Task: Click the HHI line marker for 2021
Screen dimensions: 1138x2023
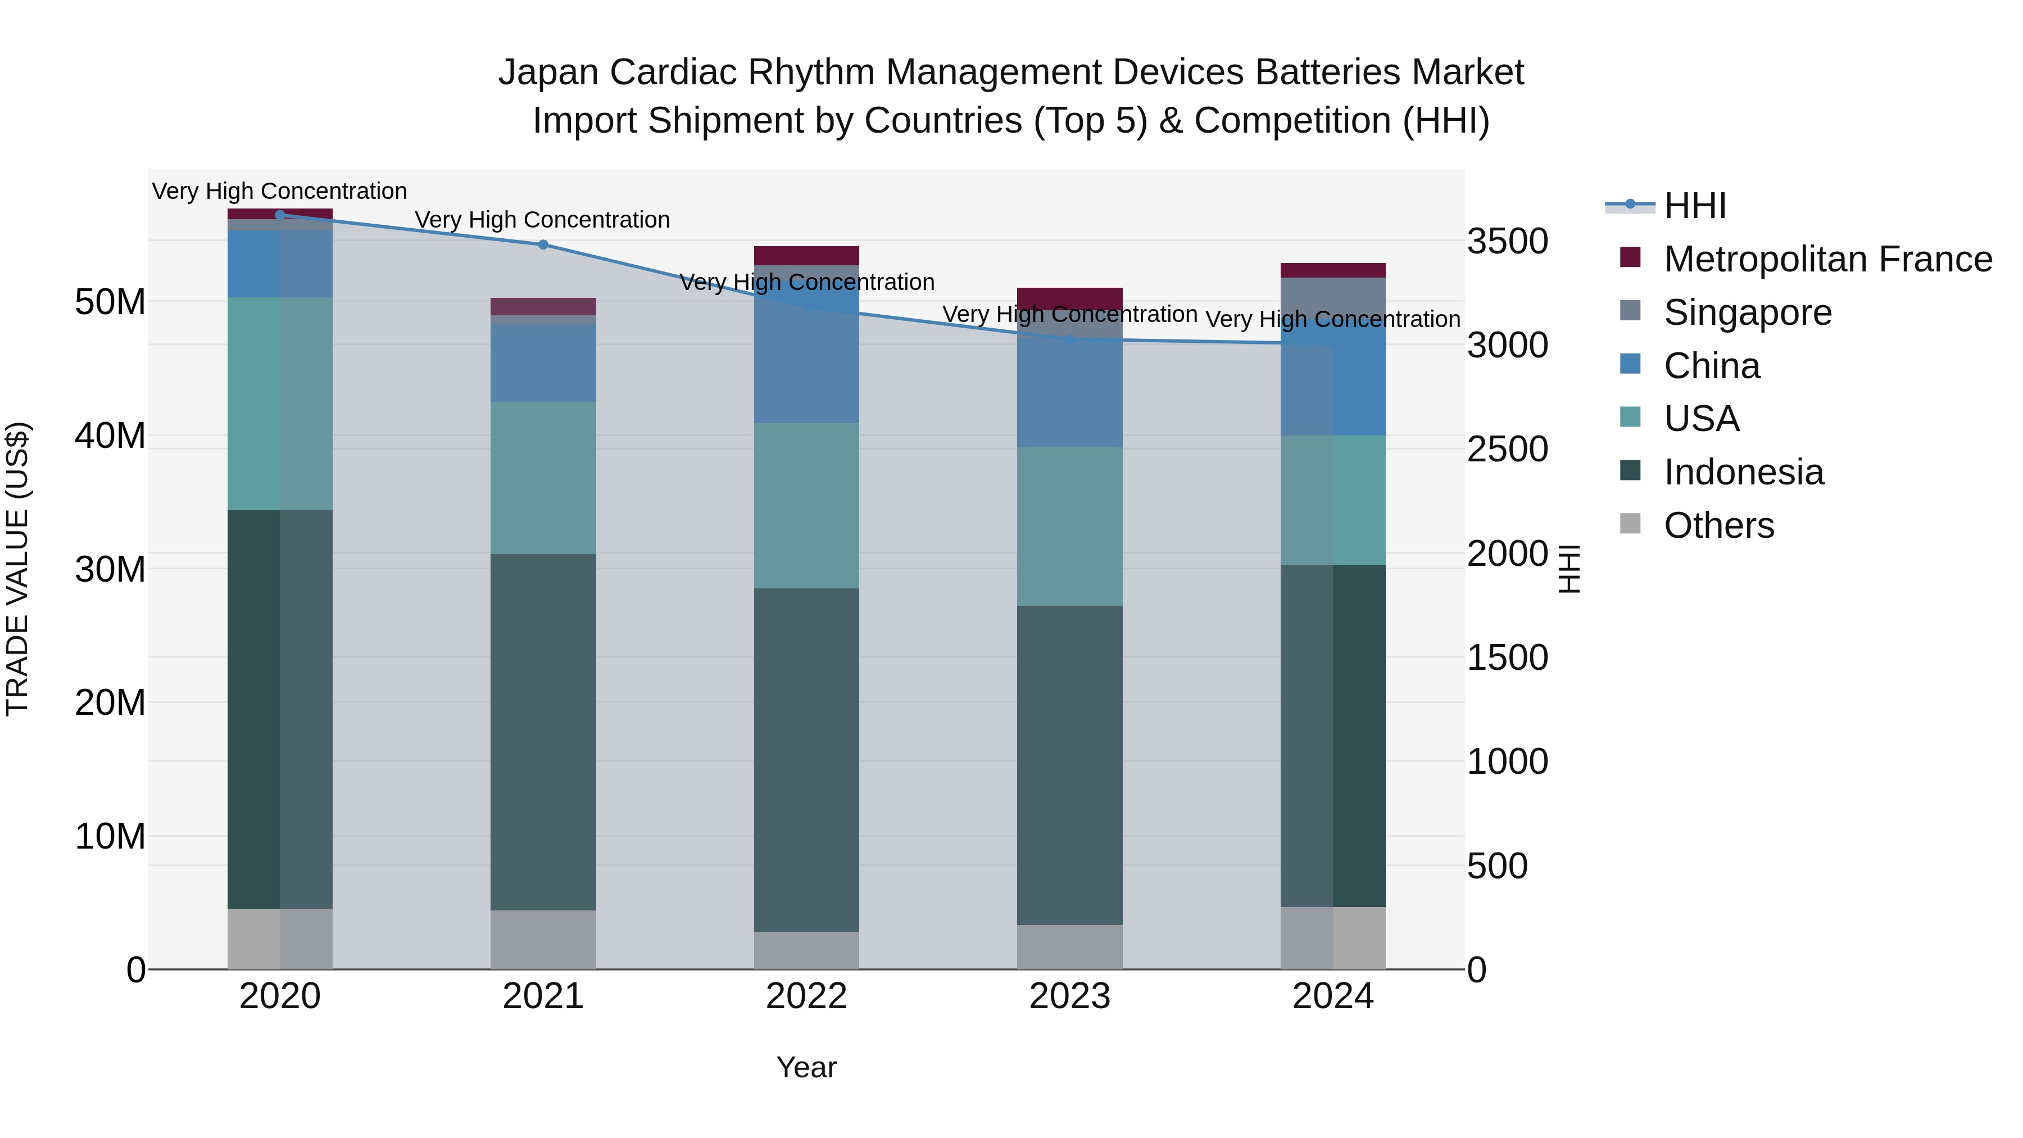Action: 543,244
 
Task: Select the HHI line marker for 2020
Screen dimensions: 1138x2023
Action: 280,215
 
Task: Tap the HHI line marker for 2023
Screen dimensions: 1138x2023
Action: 1069,339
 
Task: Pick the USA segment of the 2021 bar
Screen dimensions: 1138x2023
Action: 543,478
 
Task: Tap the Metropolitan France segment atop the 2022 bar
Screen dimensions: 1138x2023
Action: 806,255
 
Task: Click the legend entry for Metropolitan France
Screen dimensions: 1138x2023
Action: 1827,259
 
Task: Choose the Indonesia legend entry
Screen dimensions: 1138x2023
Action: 1743,472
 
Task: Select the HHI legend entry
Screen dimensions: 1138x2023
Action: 1695,206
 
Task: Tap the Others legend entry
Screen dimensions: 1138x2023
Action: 1718,525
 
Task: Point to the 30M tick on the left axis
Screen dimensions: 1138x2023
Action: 110,569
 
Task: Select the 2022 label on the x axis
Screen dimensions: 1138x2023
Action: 806,996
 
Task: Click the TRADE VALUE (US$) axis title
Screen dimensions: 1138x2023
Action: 17,569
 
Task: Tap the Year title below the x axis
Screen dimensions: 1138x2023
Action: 806,1067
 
